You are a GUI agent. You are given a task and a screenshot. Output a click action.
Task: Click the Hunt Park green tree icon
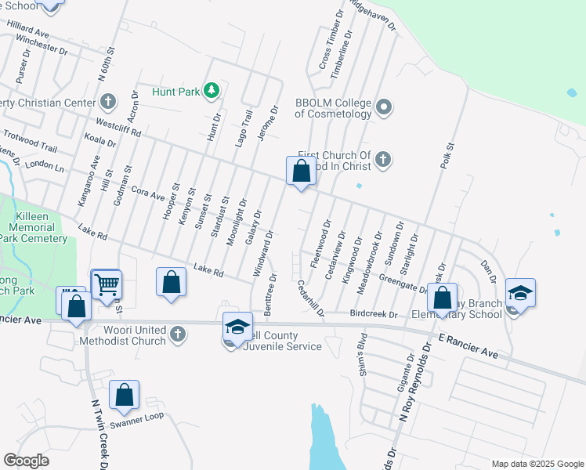[211, 92]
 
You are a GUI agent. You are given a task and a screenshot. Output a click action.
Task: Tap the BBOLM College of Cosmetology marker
[384, 107]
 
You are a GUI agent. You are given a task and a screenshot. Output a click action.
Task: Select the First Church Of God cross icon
[383, 161]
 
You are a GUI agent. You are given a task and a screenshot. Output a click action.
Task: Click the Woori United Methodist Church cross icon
[178, 334]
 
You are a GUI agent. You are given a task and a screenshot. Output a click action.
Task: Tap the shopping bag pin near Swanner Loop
[125, 396]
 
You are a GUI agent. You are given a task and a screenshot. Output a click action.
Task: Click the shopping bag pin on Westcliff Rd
[302, 171]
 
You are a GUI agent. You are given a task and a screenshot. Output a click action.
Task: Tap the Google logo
[26, 461]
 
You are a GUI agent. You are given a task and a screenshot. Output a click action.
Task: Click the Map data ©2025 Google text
[537, 464]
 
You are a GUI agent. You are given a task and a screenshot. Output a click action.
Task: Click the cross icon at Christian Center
[107, 101]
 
